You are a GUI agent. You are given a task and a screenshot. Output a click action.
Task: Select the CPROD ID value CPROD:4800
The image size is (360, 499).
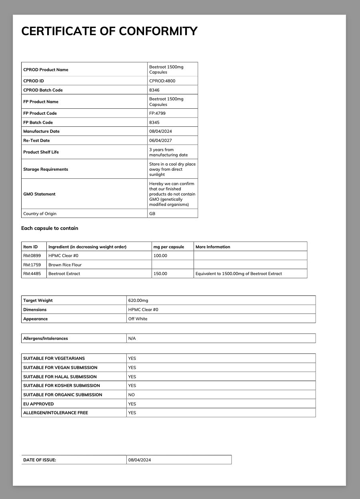point(162,81)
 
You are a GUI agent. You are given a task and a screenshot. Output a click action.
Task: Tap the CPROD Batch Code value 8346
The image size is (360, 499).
point(154,90)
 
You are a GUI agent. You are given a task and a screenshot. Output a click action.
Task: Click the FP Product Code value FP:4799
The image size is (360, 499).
point(157,113)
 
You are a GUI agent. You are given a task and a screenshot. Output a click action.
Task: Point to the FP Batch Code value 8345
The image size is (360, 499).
point(154,122)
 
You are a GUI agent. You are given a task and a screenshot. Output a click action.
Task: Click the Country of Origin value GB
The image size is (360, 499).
point(152,214)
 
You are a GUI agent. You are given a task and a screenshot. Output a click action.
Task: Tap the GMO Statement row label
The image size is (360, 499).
point(39,194)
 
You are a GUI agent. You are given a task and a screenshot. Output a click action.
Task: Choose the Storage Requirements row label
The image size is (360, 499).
point(46,169)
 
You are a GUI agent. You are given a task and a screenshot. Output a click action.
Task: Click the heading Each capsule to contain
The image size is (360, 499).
point(50,228)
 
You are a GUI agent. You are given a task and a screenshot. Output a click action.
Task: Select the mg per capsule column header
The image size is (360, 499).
point(168,247)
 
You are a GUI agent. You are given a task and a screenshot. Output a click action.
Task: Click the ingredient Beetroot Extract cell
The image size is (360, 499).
point(64,273)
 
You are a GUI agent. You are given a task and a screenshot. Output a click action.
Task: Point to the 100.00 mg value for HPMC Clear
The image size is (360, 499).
point(160,255)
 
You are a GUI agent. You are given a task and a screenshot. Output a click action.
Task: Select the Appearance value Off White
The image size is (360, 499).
point(138,319)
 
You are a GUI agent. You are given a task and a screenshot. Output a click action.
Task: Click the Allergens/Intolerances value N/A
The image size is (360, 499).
point(132,338)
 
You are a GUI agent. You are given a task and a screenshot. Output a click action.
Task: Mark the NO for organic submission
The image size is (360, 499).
point(131,395)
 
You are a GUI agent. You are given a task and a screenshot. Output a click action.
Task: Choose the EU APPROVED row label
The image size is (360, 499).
point(38,404)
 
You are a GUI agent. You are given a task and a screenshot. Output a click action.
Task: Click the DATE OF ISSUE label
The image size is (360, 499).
point(40,460)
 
